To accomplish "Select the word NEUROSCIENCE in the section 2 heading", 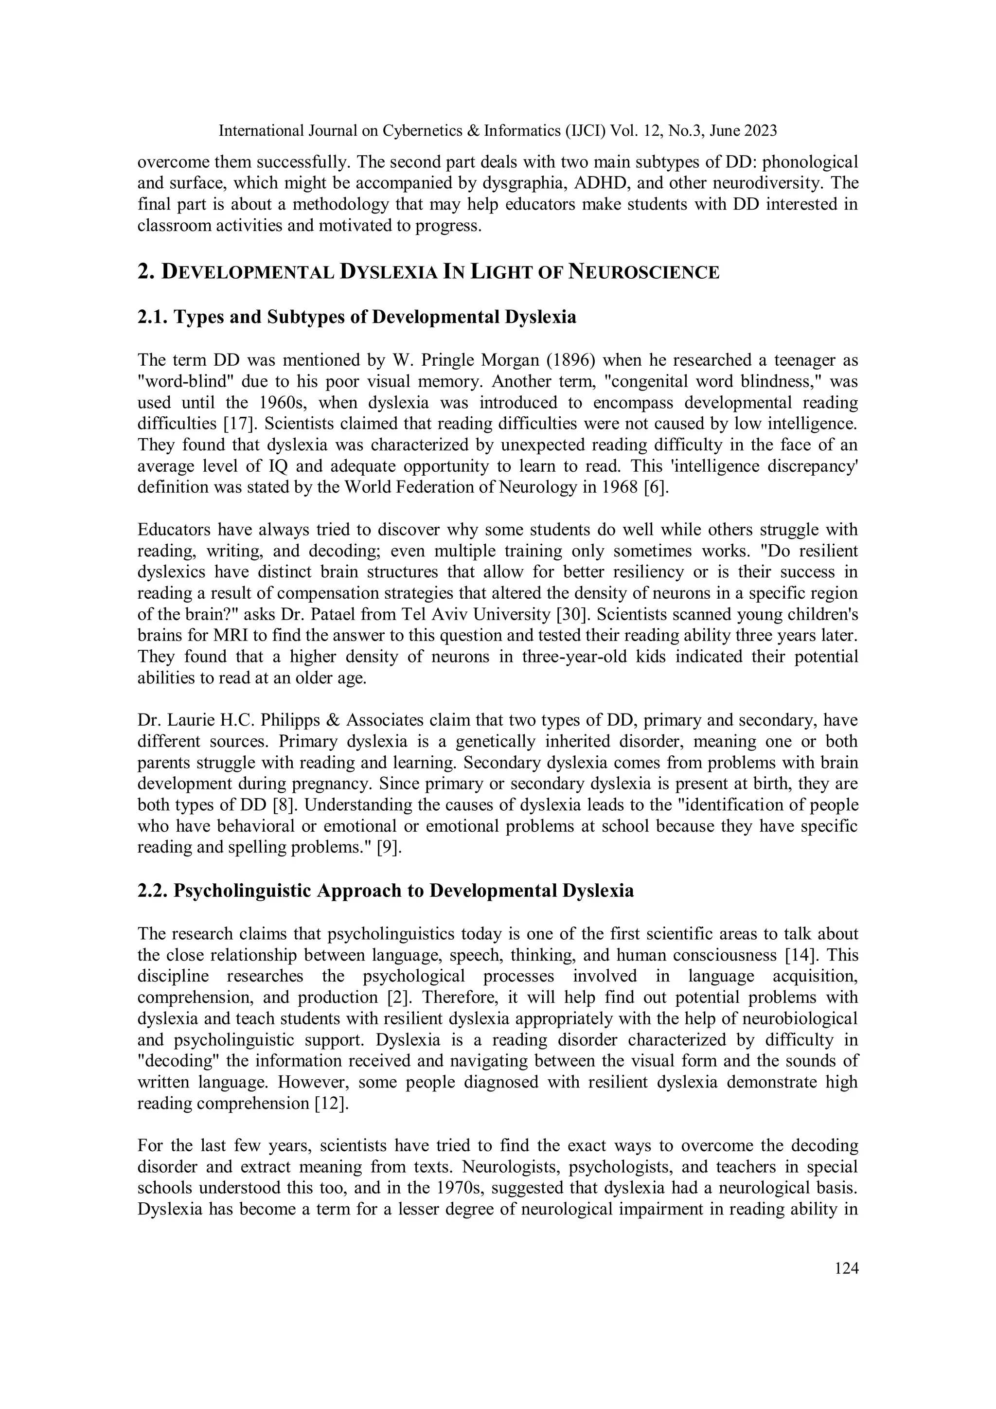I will (644, 272).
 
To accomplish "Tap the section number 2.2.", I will (153, 891).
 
